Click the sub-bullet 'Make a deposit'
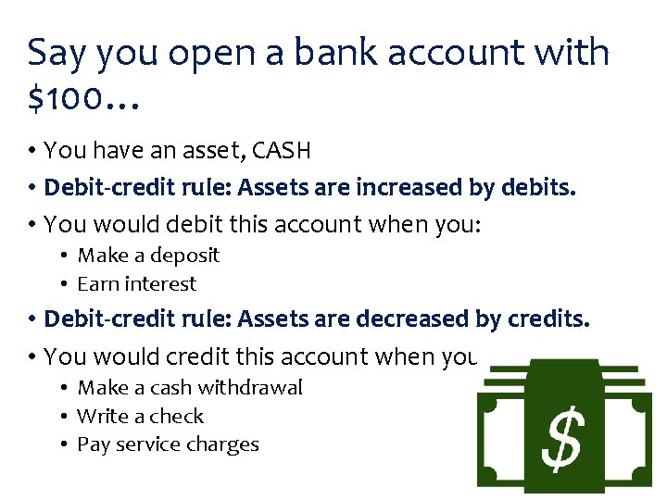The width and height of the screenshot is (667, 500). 147,256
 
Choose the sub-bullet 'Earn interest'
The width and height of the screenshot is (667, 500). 136,284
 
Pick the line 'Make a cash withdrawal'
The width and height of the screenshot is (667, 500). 189,387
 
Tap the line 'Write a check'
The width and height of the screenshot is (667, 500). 140,416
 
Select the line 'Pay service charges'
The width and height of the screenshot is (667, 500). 168,444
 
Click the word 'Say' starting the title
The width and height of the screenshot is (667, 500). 57,53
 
